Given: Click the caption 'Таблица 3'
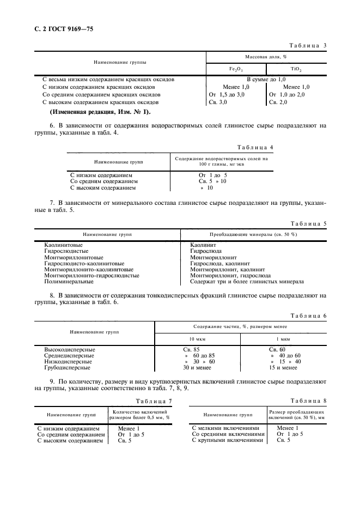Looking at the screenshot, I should coord(307,45).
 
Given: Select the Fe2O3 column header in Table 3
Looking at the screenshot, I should coord(236,69).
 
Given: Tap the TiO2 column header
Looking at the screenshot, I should coord(296,69).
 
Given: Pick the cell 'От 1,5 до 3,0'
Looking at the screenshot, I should coord(230,94).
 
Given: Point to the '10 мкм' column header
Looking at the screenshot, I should coord(197,338).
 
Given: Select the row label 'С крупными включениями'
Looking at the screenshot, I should coord(228,440).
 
